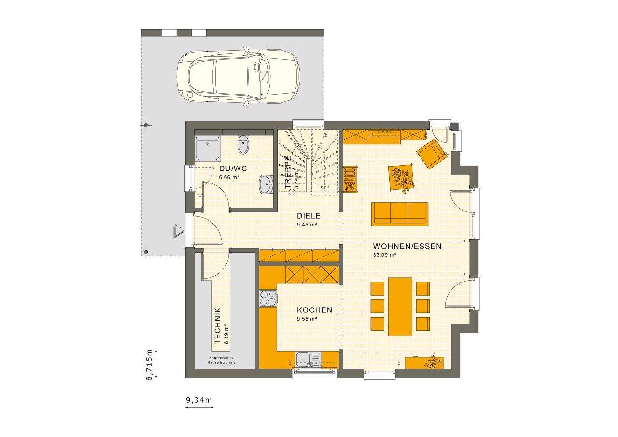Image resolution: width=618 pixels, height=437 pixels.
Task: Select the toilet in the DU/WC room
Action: click(243, 144)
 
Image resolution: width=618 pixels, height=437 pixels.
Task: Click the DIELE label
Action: click(309, 216)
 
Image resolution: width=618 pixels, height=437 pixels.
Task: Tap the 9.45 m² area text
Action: click(307, 225)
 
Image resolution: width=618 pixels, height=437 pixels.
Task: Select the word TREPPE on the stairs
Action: click(288, 171)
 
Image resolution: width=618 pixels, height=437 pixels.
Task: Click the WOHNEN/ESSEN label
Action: click(407, 246)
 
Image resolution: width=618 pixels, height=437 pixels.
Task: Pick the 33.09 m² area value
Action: click(385, 255)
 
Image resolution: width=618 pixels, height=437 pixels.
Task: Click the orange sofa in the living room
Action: click(400, 213)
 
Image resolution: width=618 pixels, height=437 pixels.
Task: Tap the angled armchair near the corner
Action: click(432, 154)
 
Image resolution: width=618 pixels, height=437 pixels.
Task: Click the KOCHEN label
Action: click(314, 310)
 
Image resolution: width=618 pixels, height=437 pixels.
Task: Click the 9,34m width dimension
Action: click(199, 400)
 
